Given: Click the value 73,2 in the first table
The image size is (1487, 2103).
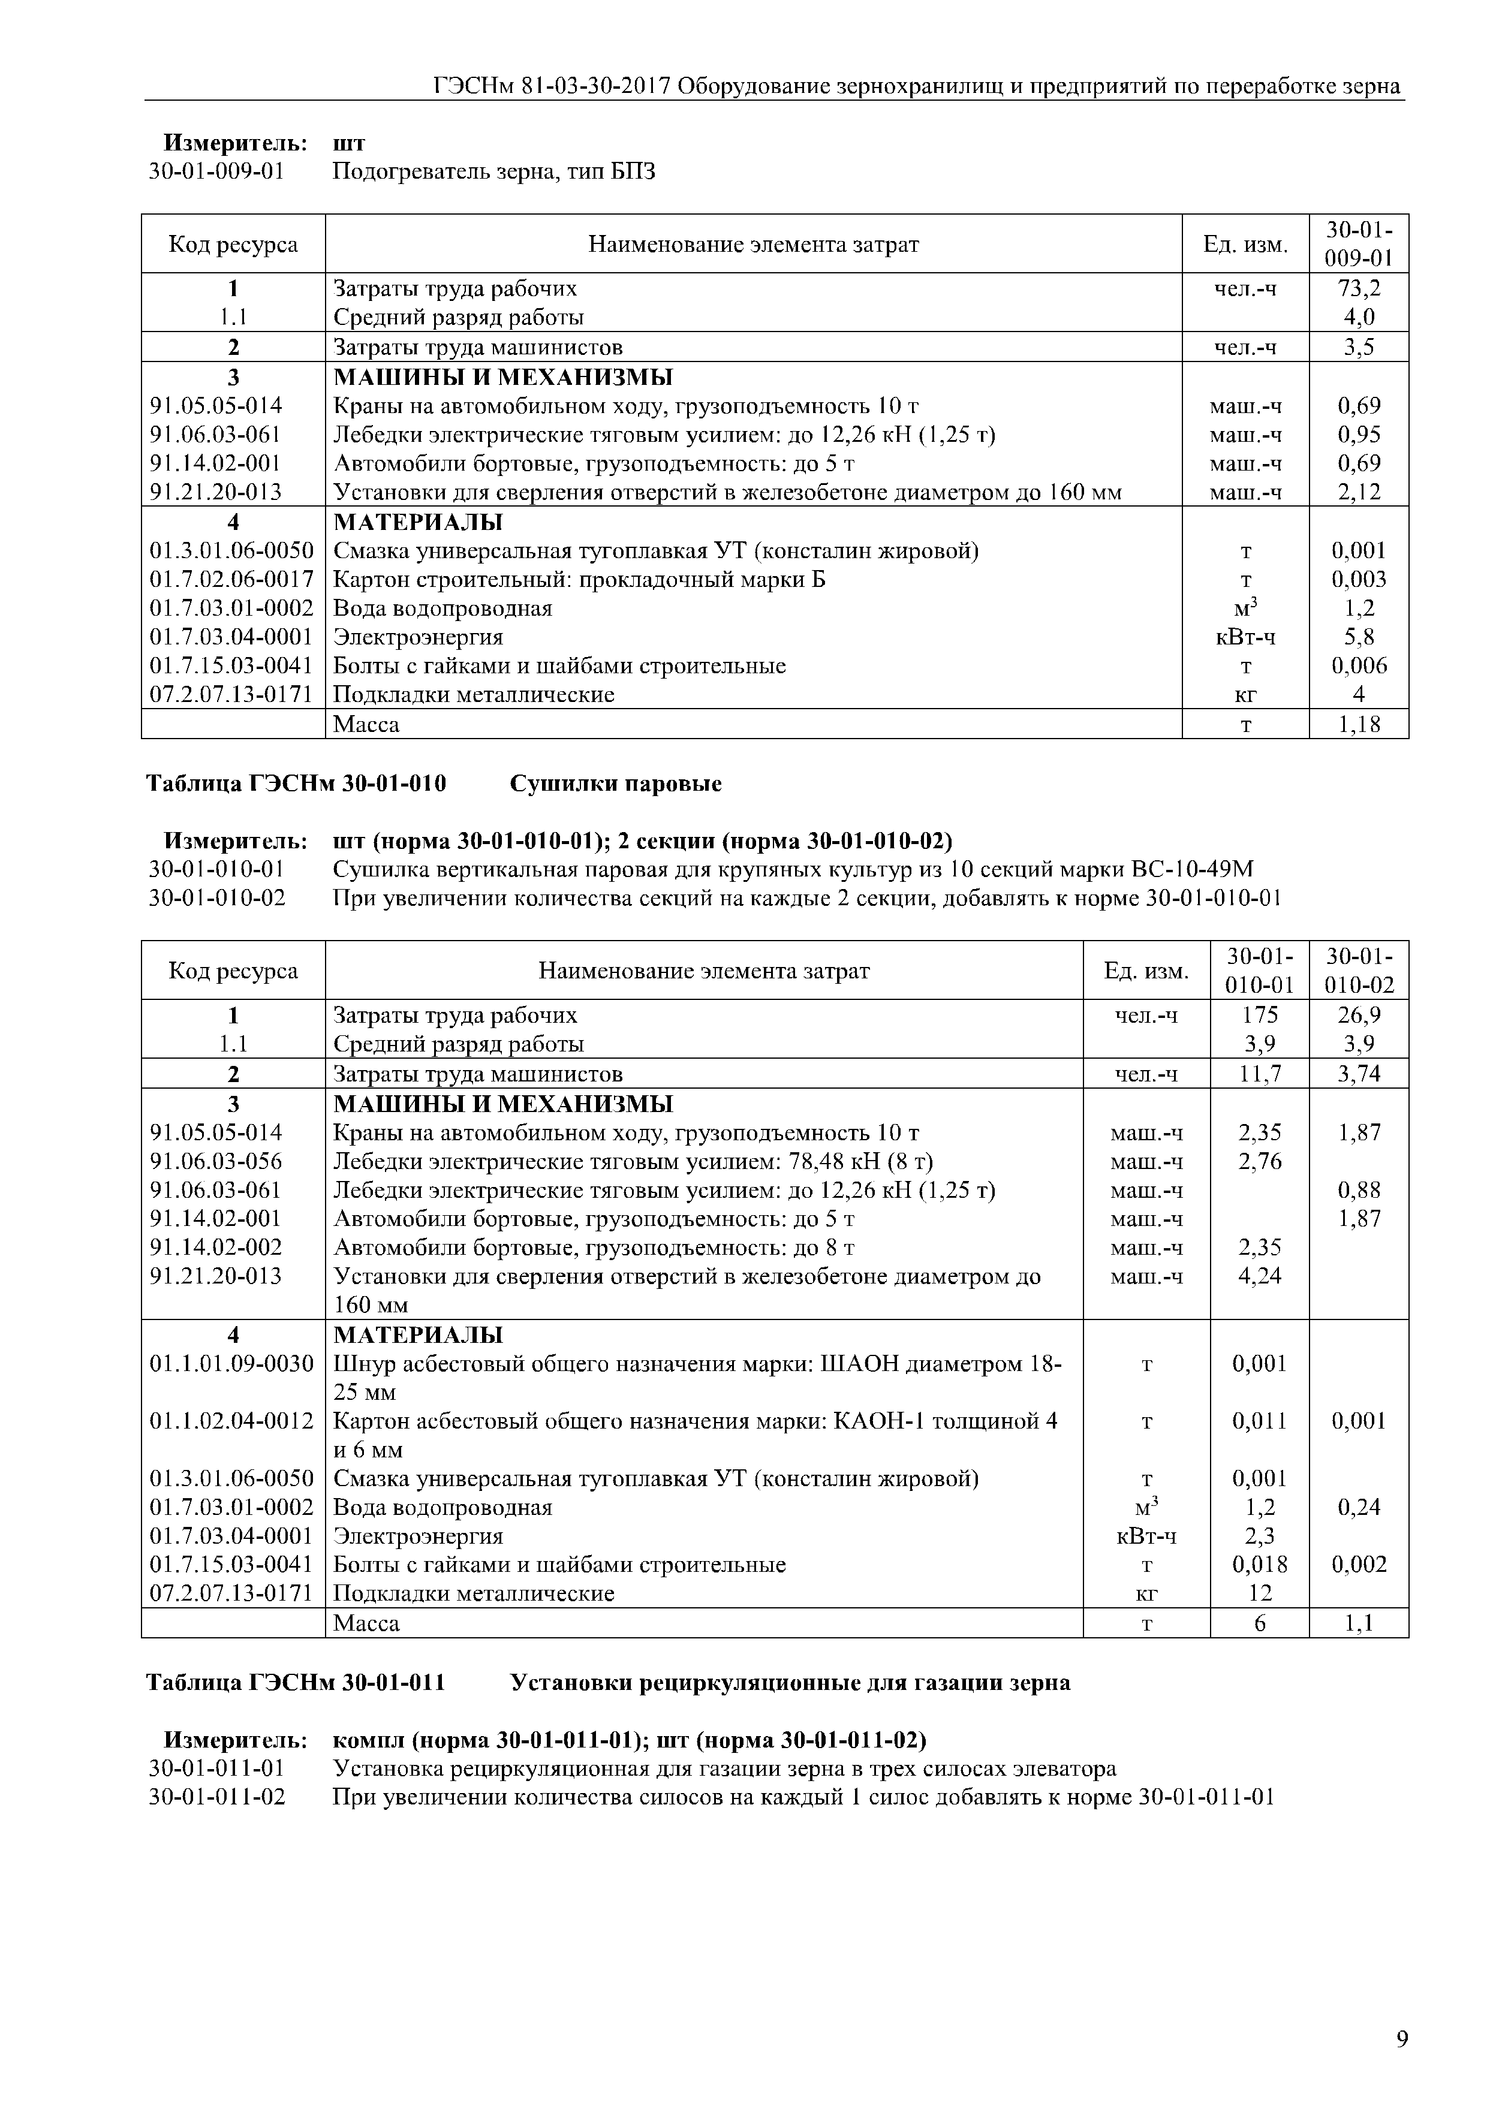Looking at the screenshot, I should [1359, 288].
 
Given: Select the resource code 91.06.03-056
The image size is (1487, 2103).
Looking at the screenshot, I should [216, 1161].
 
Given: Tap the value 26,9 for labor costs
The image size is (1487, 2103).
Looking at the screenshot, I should [1359, 1015].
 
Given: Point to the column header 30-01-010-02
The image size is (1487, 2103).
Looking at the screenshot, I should [1359, 970].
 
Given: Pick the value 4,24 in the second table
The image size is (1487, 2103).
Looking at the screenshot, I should [1260, 1276].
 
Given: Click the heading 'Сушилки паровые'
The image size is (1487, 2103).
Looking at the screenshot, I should [616, 784].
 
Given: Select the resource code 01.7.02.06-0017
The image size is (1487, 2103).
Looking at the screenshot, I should [232, 580].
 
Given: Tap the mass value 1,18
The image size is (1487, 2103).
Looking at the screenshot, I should [1359, 725].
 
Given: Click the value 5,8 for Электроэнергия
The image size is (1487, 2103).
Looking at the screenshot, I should [1359, 637].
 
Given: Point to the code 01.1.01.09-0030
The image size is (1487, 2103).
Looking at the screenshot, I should [232, 1364].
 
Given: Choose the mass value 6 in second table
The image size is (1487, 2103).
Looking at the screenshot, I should [1260, 1623].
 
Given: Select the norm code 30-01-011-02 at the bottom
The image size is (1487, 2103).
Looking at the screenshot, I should [217, 1797].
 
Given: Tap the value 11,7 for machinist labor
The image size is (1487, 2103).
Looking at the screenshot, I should [1260, 1074].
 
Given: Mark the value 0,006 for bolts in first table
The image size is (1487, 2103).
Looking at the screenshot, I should [1359, 666].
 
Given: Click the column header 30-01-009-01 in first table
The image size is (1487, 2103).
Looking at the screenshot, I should [1359, 243].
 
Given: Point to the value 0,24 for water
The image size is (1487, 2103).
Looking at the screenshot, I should [1359, 1507].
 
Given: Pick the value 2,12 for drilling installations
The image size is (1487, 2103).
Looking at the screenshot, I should [1359, 492].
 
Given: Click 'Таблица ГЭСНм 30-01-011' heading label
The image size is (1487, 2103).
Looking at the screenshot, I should [296, 1683].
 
